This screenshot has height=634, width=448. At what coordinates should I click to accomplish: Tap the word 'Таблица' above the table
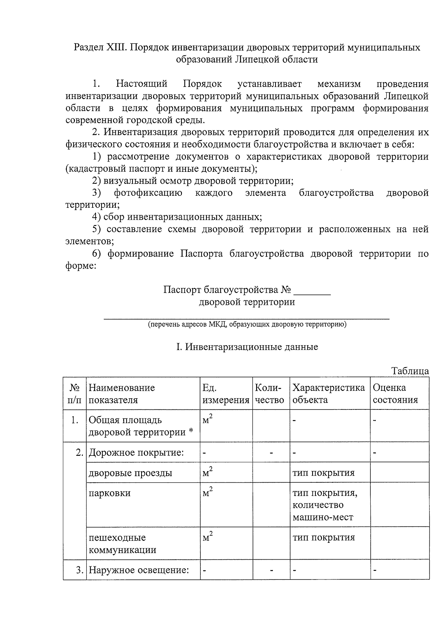click(410, 371)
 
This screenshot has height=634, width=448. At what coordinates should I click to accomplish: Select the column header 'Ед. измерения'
click(225, 394)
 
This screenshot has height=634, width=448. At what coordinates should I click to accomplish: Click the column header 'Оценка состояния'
click(395, 394)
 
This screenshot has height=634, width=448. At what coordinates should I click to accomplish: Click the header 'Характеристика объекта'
click(328, 394)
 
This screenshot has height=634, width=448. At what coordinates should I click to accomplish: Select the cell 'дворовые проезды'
click(130, 473)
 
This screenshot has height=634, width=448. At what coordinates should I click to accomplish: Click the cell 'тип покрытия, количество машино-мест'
click(325, 505)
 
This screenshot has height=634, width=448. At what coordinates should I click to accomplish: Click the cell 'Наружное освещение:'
click(139, 570)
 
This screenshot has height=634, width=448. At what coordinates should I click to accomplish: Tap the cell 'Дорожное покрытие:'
click(136, 453)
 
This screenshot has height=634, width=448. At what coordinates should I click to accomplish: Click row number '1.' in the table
click(75, 420)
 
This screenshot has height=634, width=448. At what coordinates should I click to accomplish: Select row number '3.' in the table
click(79, 570)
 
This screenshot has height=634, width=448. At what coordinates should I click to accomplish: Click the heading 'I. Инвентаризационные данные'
click(247, 347)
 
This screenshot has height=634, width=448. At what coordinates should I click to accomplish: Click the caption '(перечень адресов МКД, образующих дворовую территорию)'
click(247, 324)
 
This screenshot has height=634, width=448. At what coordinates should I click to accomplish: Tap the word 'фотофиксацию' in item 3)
click(148, 193)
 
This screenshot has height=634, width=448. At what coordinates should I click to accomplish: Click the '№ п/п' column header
click(75, 394)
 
